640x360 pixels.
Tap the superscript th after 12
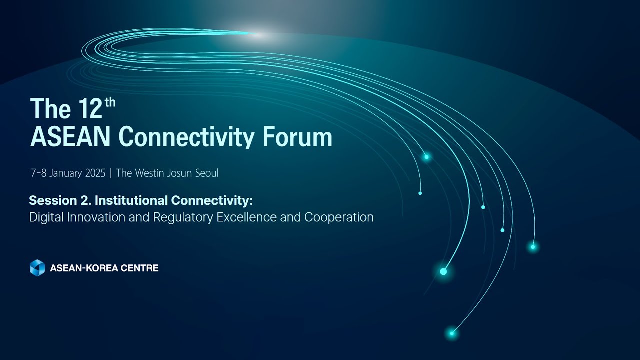pyautogui.click(x=110, y=102)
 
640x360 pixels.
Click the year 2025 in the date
pyautogui.click(x=95, y=173)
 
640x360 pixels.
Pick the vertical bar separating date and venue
pyautogui.click(x=111, y=173)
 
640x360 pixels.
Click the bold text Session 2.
pyautogui.click(x=60, y=201)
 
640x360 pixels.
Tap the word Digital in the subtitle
pyautogui.click(x=44, y=217)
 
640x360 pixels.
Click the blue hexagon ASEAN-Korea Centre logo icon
pyautogui.click(x=37, y=268)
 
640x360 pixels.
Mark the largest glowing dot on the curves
pyautogui.click(x=443, y=271)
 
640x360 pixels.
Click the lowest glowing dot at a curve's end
pyautogui.click(x=452, y=333)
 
